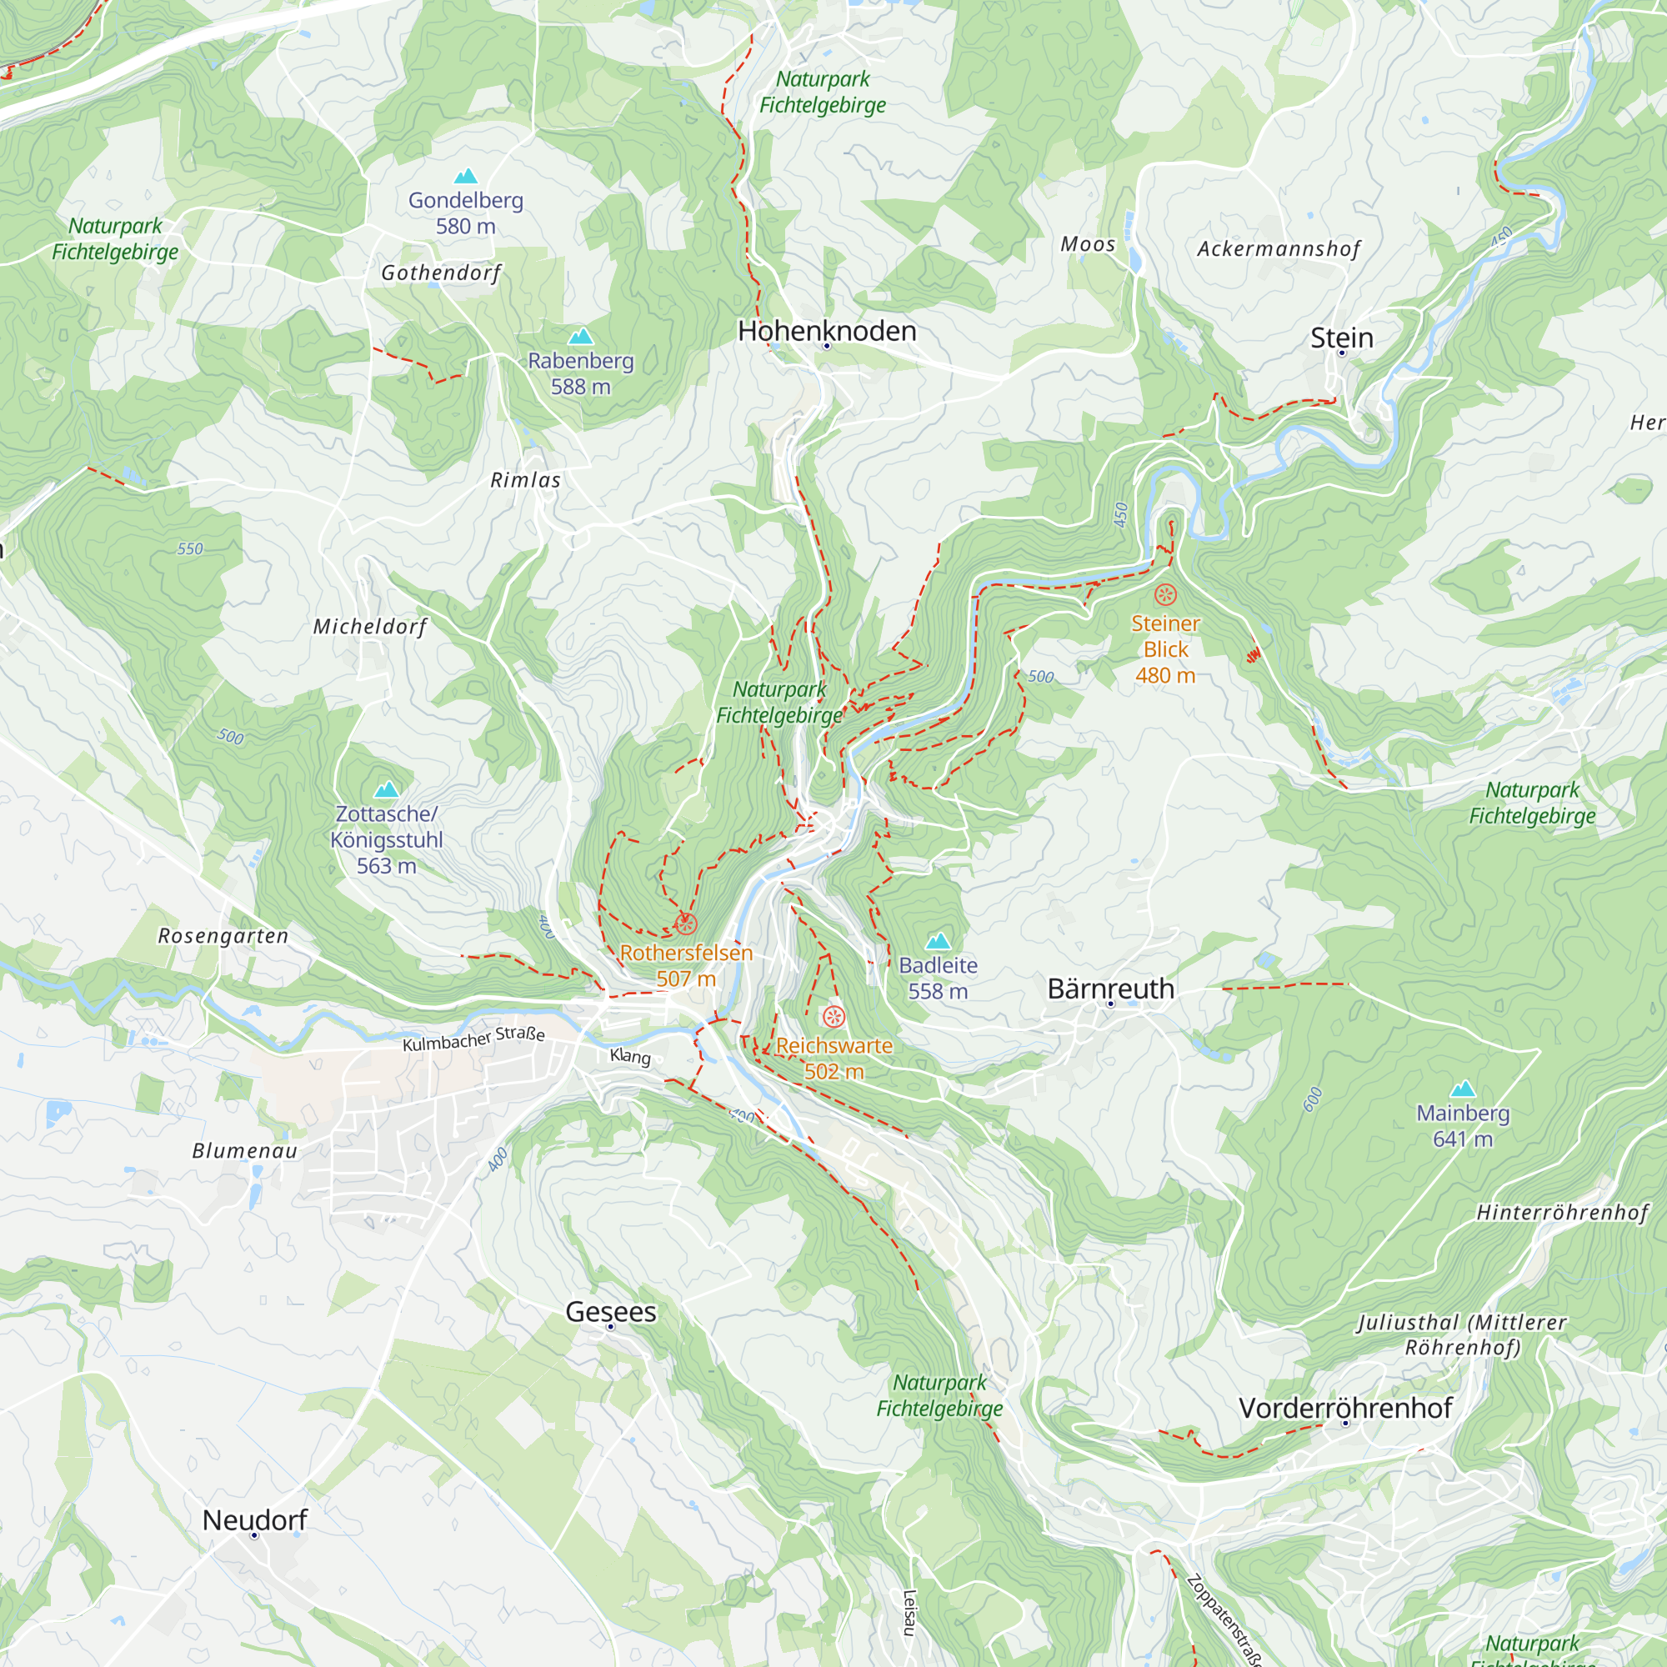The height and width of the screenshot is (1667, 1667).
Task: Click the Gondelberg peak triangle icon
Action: [x=466, y=176]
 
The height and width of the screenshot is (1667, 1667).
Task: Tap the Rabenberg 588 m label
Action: [x=581, y=373]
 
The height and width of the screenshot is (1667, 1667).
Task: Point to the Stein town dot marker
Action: [x=1342, y=353]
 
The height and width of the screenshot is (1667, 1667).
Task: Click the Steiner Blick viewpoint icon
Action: [x=1166, y=594]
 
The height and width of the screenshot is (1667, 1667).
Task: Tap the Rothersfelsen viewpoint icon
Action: [x=686, y=924]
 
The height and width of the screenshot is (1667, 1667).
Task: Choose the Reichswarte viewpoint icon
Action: [x=833, y=1016]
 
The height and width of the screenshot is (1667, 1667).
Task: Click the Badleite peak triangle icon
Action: [x=938, y=940]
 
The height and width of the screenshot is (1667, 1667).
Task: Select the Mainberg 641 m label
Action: [x=1463, y=1125]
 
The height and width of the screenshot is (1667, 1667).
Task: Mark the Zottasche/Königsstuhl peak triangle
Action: [x=387, y=788]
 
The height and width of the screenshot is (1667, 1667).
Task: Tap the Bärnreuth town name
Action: [x=1110, y=988]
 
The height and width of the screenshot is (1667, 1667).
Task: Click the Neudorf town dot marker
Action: [x=254, y=1535]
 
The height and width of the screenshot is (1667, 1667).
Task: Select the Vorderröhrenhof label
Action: [x=1345, y=1407]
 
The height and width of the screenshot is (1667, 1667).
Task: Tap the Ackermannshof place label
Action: [x=1278, y=249]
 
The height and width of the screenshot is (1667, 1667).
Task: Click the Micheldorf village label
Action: [x=369, y=627]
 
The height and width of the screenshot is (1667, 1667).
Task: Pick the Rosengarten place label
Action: [x=223, y=935]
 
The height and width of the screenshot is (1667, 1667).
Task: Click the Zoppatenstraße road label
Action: [x=1225, y=1620]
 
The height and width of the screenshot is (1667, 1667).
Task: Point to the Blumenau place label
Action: [x=244, y=1150]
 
